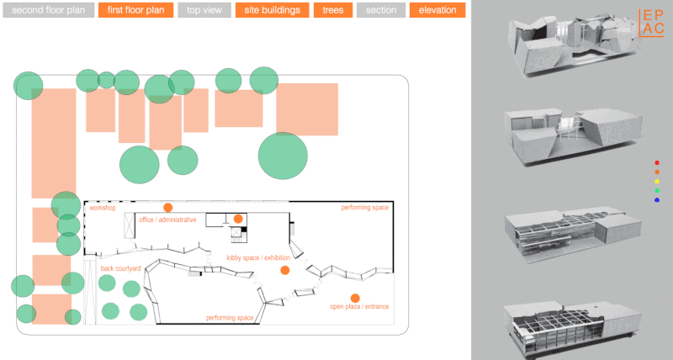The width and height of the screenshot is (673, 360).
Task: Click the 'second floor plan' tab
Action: [49, 10]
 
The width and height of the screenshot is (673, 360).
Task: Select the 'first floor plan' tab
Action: [135, 10]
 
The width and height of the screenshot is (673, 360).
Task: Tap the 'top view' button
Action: [204, 10]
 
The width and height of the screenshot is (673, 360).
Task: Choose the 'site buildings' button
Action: [272, 10]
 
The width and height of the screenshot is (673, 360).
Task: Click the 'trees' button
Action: [333, 10]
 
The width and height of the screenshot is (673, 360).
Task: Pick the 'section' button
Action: [381, 10]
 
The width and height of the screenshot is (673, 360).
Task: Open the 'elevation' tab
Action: [437, 10]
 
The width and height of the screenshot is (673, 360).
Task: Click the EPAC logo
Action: [651, 23]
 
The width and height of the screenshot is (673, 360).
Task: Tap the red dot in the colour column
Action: [657, 162]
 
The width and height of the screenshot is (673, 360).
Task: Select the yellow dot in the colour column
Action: [657, 182]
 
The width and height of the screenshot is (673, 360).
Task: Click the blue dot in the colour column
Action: [657, 200]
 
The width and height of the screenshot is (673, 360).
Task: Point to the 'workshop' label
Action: [103, 208]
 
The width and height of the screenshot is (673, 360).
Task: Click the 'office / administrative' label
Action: [167, 220]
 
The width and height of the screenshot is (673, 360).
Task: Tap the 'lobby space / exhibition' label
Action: [258, 258]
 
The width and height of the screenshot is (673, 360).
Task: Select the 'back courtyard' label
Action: [120, 268]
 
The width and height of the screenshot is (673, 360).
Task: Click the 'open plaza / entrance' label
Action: [359, 306]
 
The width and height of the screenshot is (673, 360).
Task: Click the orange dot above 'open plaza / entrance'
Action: [355, 299]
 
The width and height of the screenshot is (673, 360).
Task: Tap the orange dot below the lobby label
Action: [284, 270]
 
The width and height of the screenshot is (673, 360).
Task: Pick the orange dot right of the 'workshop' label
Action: [167, 208]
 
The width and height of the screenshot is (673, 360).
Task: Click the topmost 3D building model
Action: [575, 45]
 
